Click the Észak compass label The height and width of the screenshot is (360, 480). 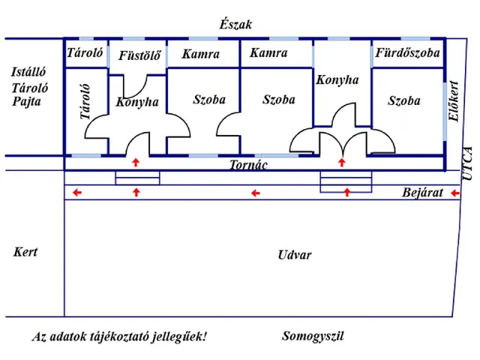coord(235,25)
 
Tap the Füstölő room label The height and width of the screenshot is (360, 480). coord(139,55)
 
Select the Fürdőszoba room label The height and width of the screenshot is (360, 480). coord(406,54)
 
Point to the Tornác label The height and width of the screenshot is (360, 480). coord(249,165)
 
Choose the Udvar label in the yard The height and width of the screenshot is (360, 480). coord(294,255)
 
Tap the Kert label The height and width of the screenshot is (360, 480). coord(25,252)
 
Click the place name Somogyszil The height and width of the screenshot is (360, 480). coord(313,336)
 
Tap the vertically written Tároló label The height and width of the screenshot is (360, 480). coord(85,103)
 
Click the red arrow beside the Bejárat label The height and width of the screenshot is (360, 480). coord(454,193)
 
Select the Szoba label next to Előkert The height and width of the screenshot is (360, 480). coord(403,100)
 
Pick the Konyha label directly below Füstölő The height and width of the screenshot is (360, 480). coord(137,103)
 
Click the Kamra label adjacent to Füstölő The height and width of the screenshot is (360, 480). coord(200,54)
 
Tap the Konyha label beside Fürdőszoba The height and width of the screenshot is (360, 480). coord(337,79)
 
